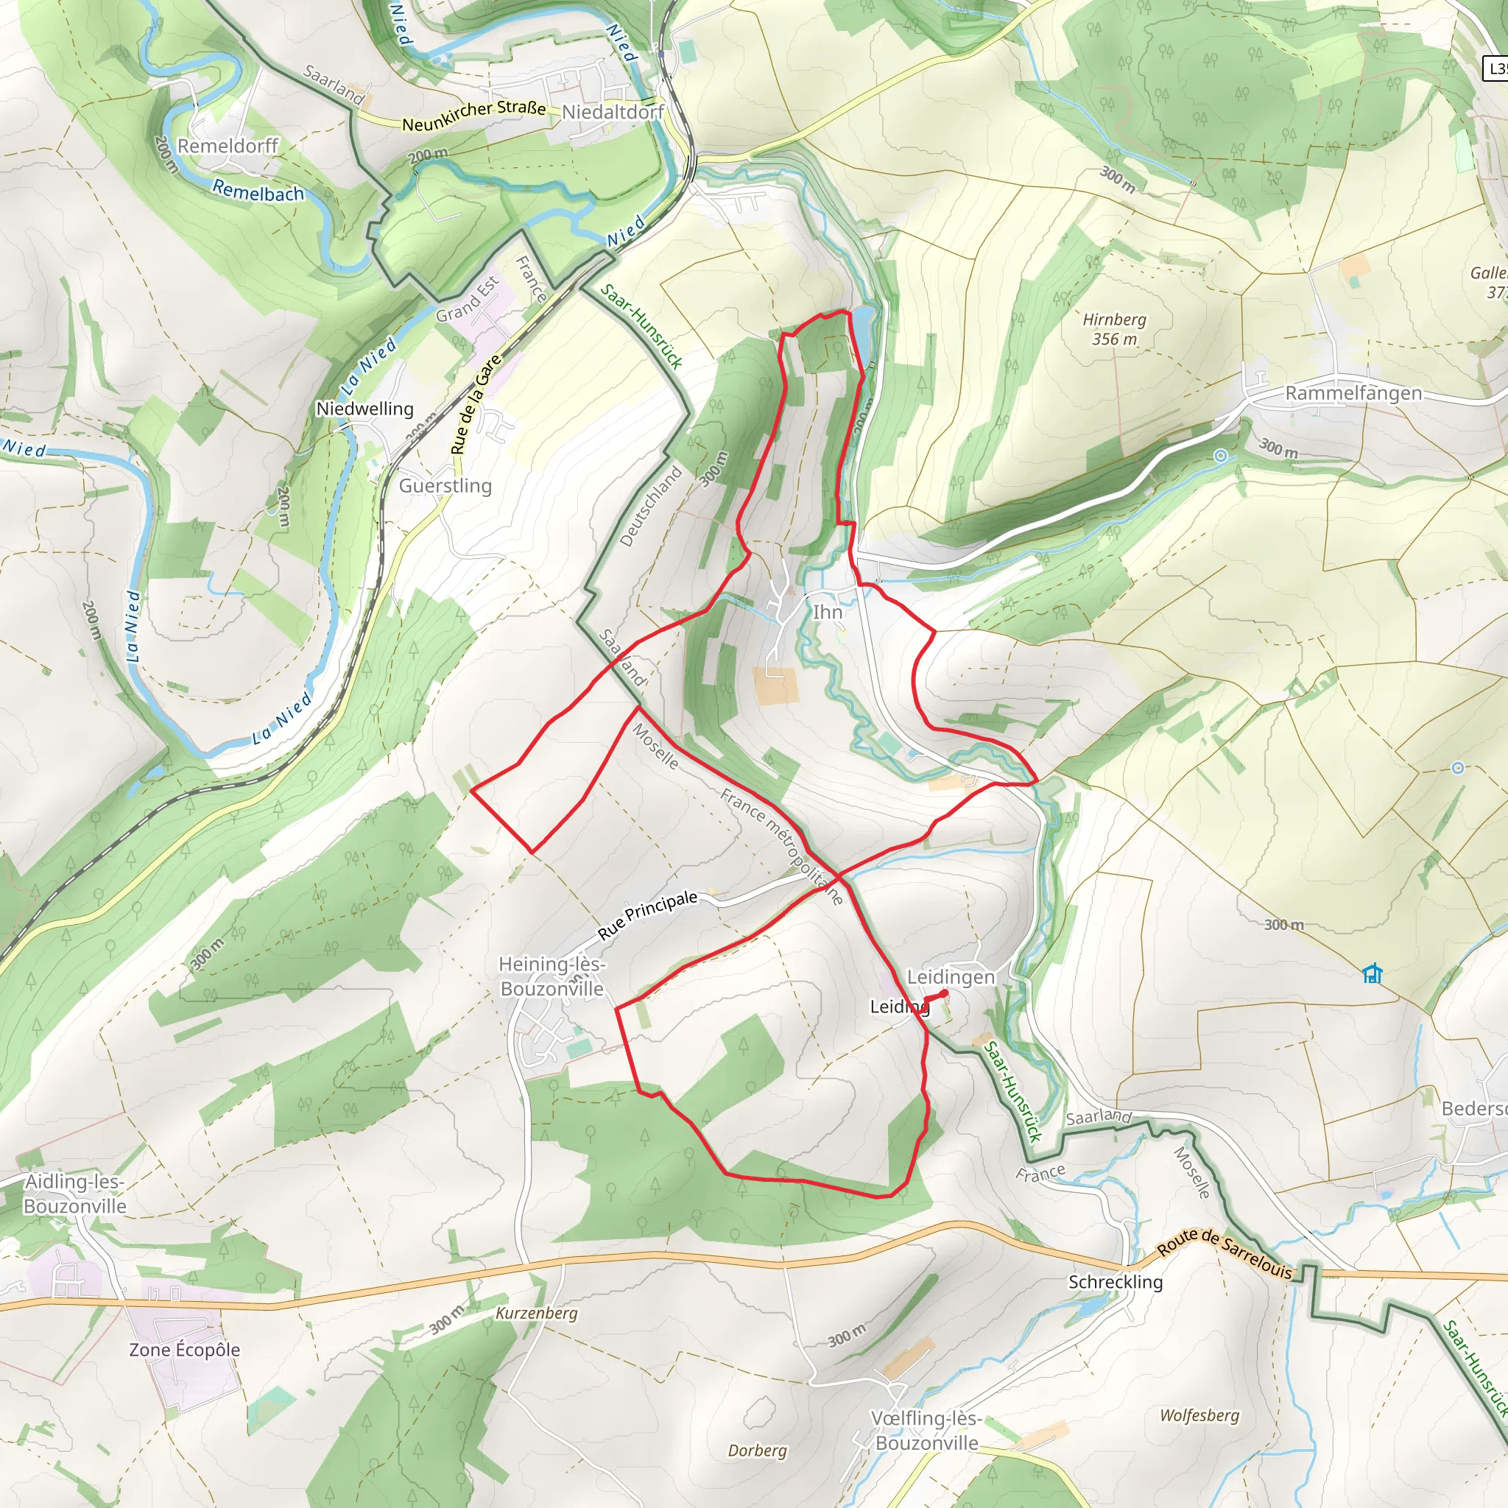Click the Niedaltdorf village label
(613, 113)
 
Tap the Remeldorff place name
(228, 146)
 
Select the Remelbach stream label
(258, 191)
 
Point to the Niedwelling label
(364, 409)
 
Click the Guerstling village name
(445, 485)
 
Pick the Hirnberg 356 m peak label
(1114, 329)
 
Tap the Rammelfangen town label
(1353, 392)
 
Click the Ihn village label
(828, 612)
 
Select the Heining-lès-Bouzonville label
(552, 976)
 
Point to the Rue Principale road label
(647, 914)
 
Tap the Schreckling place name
(1116, 1282)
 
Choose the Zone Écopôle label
(184, 1350)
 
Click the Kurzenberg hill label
(537, 1313)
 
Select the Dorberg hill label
(757, 1451)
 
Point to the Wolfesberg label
(1199, 1415)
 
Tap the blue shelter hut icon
(1373, 973)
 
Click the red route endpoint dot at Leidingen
(945, 993)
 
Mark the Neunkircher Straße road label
(473, 116)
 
